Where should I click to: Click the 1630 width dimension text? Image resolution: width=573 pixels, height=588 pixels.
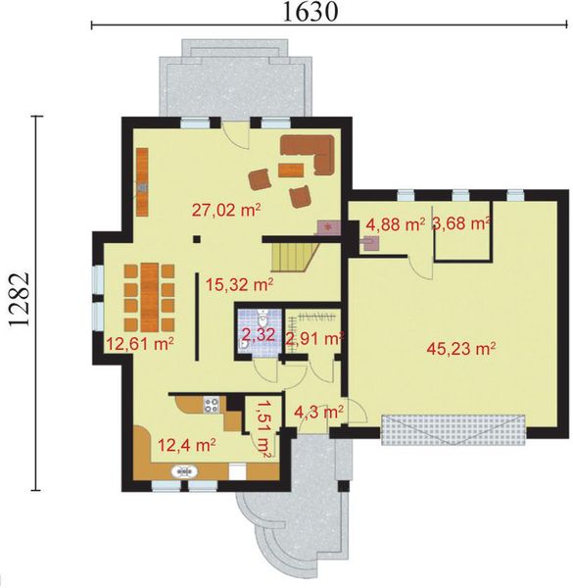(310, 12)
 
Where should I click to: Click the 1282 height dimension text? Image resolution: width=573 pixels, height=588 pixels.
(19, 299)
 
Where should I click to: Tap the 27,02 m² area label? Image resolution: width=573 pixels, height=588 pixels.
(226, 210)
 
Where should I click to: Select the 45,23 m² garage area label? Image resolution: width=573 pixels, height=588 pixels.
(461, 349)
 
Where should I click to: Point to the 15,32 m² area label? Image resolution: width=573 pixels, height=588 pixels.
(239, 285)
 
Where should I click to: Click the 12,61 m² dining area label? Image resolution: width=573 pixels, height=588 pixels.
(139, 343)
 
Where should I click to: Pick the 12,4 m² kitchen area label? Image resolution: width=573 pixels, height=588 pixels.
(186, 446)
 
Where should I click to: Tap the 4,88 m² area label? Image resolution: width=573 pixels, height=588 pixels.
(396, 225)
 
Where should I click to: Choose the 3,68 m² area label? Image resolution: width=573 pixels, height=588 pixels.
(461, 223)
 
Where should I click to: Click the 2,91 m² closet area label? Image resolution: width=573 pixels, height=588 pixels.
(314, 339)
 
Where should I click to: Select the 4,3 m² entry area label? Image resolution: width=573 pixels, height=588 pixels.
(318, 412)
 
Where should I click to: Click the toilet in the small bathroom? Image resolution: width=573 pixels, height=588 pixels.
(263, 318)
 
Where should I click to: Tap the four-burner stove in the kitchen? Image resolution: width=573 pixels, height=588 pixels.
(211, 405)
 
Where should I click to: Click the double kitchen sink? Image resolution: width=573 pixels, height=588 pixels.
(184, 471)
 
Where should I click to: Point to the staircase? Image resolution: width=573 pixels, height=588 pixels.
(294, 257)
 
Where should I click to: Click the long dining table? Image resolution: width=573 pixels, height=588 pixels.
(150, 298)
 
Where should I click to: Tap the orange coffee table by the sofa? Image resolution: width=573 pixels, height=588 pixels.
(291, 170)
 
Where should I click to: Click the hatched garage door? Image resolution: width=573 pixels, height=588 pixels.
(454, 429)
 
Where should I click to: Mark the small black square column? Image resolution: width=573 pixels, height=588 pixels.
(196, 239)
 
